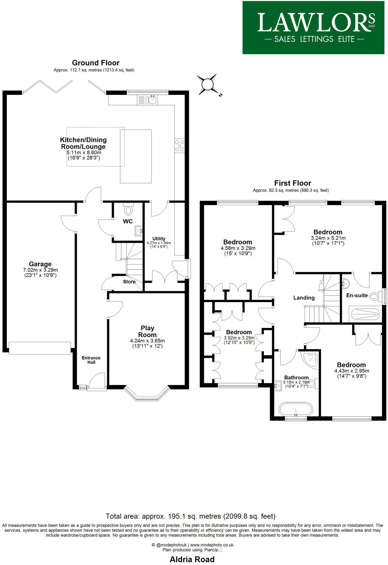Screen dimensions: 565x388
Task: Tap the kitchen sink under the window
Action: click(x=147, y=100)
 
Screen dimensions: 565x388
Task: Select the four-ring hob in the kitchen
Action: click(x=179, y=145)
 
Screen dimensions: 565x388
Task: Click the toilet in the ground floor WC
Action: click(x=128, y=210)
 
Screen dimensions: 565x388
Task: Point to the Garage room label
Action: click(x=40, y=264)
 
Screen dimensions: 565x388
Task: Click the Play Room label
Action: click(x=147, y=331)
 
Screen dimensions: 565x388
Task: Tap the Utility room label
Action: click(x=159, y=239)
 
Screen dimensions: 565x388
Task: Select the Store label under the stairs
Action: click(x=129, y=282)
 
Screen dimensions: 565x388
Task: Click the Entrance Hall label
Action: click(x=91, y=360)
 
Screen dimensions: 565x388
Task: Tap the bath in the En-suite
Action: click(x=364, y=314)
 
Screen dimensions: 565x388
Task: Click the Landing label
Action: click(x=304, y=298)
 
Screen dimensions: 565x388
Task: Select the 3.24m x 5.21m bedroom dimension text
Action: click(x=328, y=238)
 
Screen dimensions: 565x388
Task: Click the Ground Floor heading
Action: click(x=95, y=63)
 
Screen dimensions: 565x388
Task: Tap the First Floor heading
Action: click(x=293, y=183)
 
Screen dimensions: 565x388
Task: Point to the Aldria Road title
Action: click(x=192, y=559)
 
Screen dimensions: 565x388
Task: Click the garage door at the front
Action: click(x=40, y=348)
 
